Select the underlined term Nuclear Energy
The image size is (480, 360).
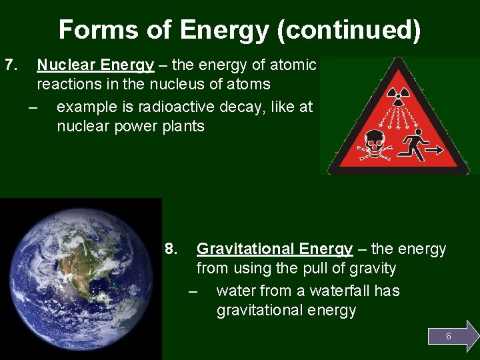coord(95,65)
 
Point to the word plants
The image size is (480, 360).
coord(182,126)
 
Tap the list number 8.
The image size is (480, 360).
coord(171,249)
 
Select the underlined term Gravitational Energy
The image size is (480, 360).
coord(274,249)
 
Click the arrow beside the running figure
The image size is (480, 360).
coord(435,151)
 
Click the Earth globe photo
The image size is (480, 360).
coord(81,279)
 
